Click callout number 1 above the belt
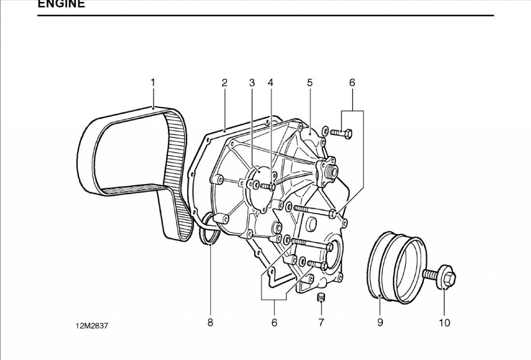click(x=153, y=82)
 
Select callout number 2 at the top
click(x=225, y=82)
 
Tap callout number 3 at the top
click(x=252, y=82)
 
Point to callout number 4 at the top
click(x=270, y=82)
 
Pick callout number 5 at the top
click(x=310, y=82)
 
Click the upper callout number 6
click(x=352, y=82)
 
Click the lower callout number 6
click(x=274, y=323)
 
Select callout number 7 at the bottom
click(x=321, y=323)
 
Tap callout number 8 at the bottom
click(x=210, y=323)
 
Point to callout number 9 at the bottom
click(x=380, y=323)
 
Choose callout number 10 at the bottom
click(x=444, y=323)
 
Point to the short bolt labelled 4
click(x=268, y=186)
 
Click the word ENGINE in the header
click(x=61, y=4)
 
